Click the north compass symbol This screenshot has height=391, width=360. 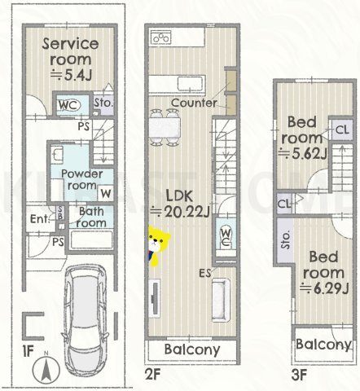tap(46, 369)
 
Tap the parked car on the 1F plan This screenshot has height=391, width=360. tap(86, 320)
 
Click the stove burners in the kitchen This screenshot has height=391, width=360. tap(161, 37)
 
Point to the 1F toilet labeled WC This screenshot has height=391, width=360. tap(69, 105)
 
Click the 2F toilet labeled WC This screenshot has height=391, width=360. tap(226, 237)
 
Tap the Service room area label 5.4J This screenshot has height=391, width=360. tap(72, 75)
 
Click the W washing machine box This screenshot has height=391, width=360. tap(106, 194)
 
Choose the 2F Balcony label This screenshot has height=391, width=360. tap(192, 349)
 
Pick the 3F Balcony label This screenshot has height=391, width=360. tap(323, 345)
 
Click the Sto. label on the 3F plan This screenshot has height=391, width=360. tap(285, 240)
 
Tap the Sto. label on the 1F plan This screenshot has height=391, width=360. tap(103, 103)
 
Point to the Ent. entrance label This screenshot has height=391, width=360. tap(40, 219)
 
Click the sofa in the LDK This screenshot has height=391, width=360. tap(221, 300)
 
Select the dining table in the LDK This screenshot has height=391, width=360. tap(165, 128)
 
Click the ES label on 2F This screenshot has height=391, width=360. tap(205, 273)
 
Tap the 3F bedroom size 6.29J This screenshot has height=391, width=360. tap(324, 288)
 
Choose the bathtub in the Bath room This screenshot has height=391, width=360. tap(91, 239)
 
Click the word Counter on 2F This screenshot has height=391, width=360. tap(194, 103)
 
